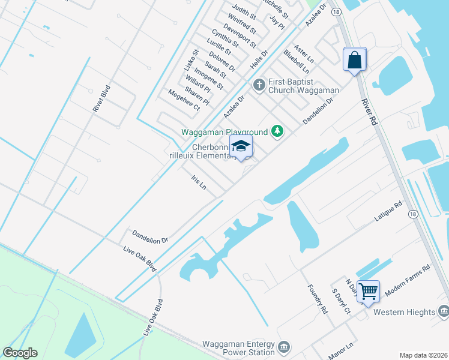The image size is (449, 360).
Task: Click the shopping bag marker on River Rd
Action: pyautogui.click(x=355, y=60)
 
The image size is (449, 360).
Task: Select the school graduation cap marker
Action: pyautogui.click(x=241, y=146)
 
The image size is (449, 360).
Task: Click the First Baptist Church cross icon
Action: pyautogui.click(x=259, y=84)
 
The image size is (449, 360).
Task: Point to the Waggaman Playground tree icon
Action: pyautogui.click(x=277, y=130)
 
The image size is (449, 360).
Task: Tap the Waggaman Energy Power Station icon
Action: pyautogui.click(x=284, y=347)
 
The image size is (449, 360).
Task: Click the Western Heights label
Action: pyautogui.click(x=403, y=312)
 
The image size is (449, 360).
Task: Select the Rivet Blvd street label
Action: pyautogui.click(x=102, y=98)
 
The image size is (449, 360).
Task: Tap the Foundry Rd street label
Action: pyautogui.click(x=317, y=299)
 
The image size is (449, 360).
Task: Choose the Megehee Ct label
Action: pyautogui.click(x=183, y=100)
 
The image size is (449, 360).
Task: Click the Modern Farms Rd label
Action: pyautogui.click(x=408, y=278)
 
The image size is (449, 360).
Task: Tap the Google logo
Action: pyautogui.click(x=20, y=353)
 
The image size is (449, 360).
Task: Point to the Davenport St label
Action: pyautogui.click(x=240, y=36)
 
